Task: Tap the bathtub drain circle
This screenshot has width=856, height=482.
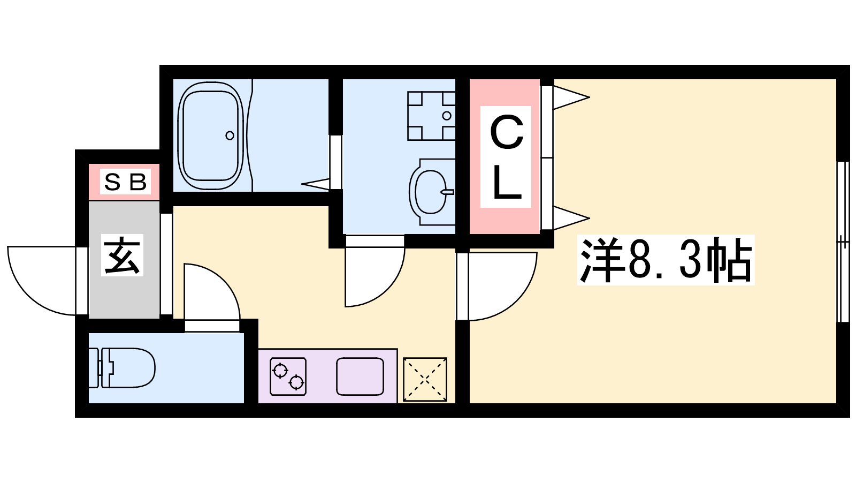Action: coord(230,135)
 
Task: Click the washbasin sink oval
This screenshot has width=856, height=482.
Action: coord(430,192)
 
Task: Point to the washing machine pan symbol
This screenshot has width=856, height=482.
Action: coord(431,116)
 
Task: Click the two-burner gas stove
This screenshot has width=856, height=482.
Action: coord(288,376)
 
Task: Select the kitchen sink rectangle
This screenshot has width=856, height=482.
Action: coord(360,376)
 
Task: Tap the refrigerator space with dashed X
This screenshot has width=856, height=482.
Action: coord(425,380)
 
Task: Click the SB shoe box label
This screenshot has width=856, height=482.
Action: coord(125,182)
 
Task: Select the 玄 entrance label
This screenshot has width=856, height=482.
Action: coord(122,255)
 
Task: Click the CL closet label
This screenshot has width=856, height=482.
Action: coord(506,157)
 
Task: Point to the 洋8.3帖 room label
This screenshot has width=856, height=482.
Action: coord(666,260)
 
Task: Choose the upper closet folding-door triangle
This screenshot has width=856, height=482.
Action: coord(571,97)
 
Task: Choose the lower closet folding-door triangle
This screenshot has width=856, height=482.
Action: coord(571,219)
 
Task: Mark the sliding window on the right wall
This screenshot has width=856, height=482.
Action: coord(843,242)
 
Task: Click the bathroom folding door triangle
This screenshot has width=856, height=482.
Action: coord(316,184)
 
